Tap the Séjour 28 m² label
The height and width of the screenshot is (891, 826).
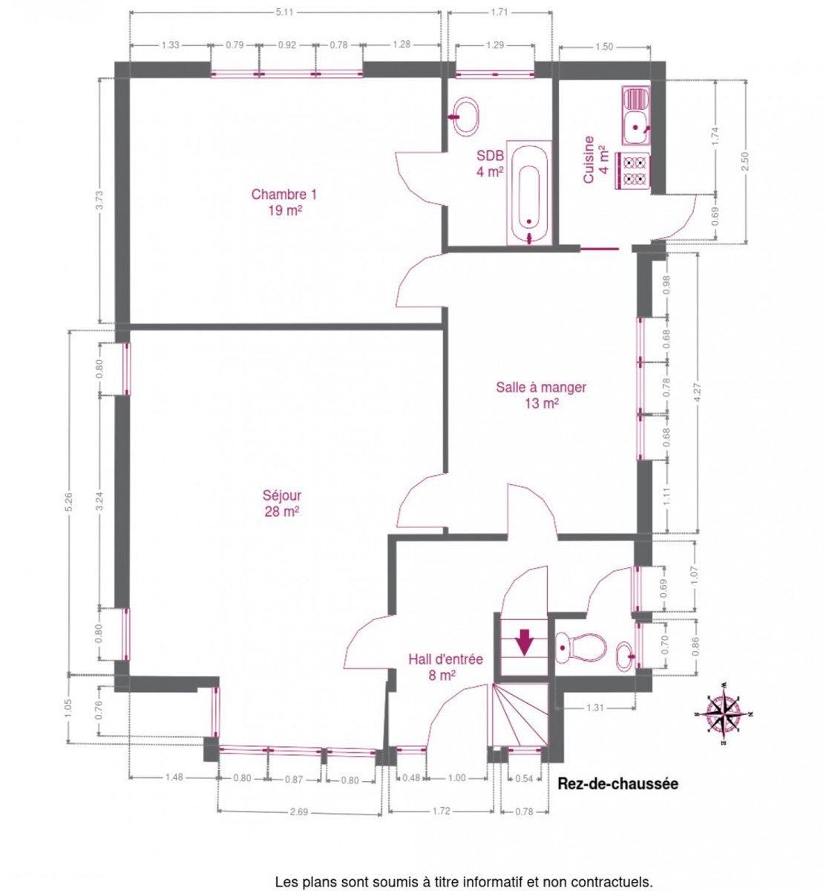281,503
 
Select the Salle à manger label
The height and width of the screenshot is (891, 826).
541,387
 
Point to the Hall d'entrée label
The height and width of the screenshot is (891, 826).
445,659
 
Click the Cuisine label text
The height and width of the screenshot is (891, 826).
588,160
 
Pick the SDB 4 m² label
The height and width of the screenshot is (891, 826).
490,163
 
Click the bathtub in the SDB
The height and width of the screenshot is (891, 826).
528,193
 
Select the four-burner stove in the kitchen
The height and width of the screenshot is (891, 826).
634,171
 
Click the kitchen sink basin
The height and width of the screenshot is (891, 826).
635,127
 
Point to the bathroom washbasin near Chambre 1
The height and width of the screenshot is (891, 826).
465,117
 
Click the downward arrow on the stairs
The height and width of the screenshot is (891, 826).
524,642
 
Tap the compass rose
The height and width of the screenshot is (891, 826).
723,714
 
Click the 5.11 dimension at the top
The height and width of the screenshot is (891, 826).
284,12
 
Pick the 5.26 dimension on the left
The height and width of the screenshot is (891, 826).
68,502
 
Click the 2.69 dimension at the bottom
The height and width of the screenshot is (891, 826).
298,812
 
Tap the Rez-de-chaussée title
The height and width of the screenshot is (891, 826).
617,784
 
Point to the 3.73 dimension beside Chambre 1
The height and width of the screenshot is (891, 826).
99,200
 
